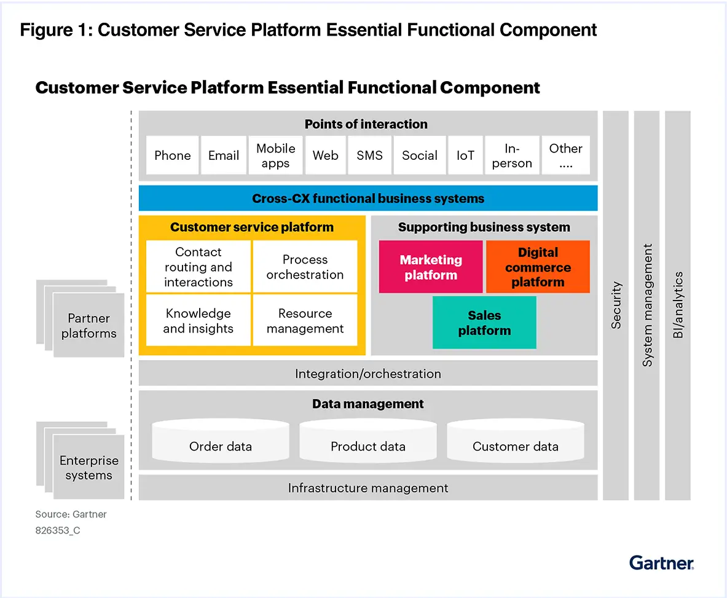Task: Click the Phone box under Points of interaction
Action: [x=173, y=155]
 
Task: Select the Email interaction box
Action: [x=224, y=155]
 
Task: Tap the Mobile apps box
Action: [x=275, y=155]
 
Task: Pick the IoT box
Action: [x=465, y=155]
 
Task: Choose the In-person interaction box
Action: [x=512, y=155]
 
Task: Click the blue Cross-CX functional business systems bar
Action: [x=368, y=199]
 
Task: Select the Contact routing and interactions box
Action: [x=198, y=267]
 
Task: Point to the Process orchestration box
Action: [x=305, y=267]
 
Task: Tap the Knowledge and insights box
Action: [x=198, y=320]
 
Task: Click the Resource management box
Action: [x=305, y=320]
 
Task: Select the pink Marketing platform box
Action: [x=430, y=267]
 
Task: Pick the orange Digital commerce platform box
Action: [x=538, y=267]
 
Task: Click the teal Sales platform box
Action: [x=484, y=323]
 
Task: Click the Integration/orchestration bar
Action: [x=368, y=373]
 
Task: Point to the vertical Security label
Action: [x=616, y=305]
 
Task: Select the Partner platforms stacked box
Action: [x=88, y=325]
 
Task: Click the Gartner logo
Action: [x=661, y=562]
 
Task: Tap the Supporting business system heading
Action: [x=484, y=227]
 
